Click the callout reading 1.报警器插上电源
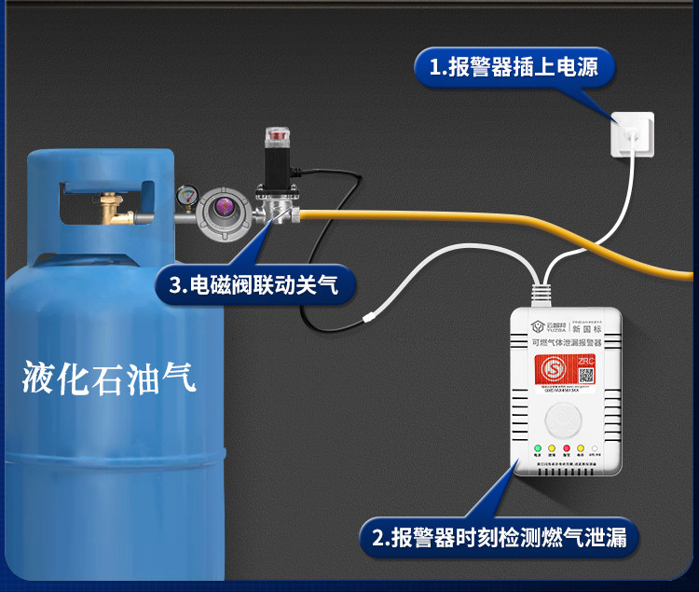[x=515, y=68]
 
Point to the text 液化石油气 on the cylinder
[x=110, y=378]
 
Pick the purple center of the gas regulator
[x=222, y=207]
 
